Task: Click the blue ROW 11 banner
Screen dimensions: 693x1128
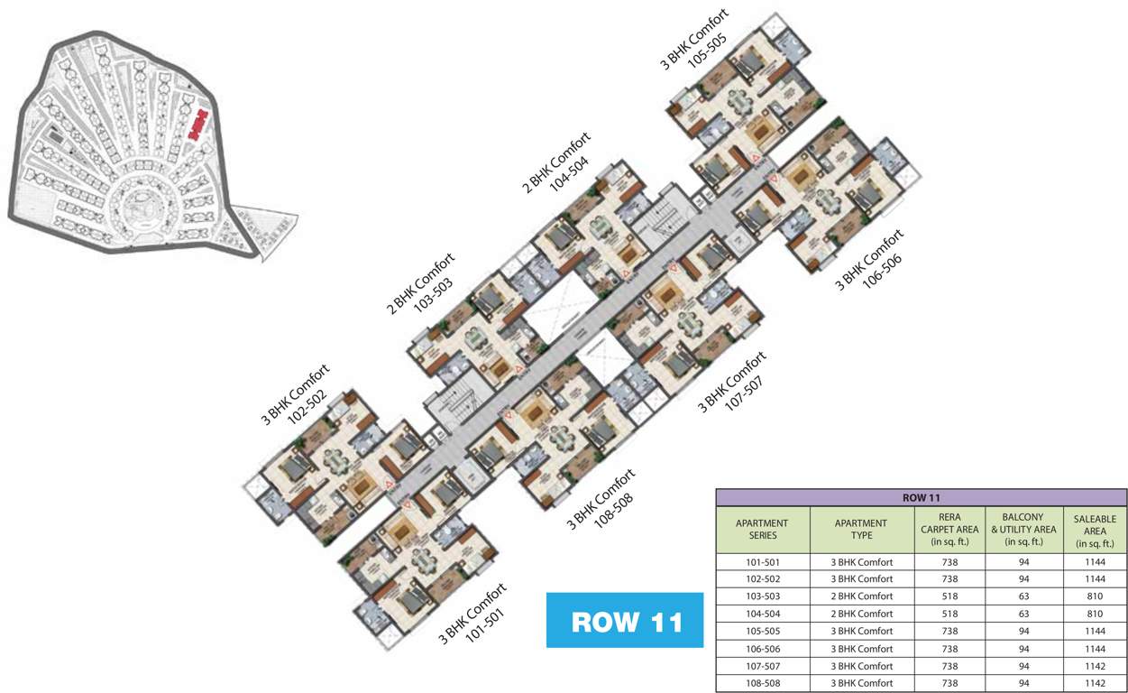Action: coord(624,621)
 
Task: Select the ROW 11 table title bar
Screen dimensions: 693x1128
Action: coord(921,497)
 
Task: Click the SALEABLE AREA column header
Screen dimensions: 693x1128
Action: coord(1094,531)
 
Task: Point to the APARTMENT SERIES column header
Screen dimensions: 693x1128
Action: coord(762,530)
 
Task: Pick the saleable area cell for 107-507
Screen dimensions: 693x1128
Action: coord(1094,666)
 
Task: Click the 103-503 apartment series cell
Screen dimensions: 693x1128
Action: coord(762,596)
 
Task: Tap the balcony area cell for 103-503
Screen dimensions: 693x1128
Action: coord(1023,596)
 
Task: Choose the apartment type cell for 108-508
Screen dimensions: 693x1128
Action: coord(861,683)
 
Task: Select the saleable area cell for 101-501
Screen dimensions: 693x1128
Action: coord(1094,561)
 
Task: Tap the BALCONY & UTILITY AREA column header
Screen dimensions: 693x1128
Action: coord(1023,530)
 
